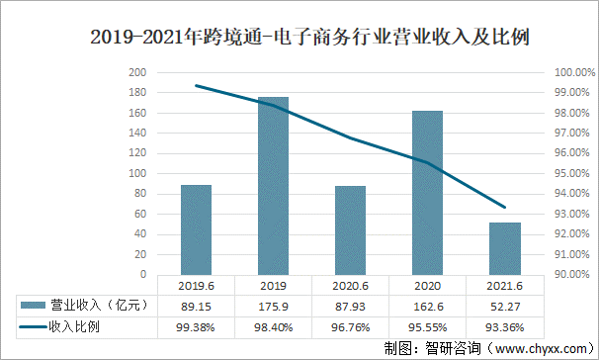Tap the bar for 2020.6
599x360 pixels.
coord(350,229)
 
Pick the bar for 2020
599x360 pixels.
coord(427,193)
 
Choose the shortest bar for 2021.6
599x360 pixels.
coord(504,248)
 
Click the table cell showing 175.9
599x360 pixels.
coord(273,306)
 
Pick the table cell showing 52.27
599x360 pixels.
coord(504,306)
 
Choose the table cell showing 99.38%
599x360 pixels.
coord(196,325)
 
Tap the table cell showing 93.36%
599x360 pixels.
coord(504,325)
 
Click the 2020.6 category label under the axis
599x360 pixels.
coord(350,286)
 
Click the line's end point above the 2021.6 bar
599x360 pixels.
coord(505,208)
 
